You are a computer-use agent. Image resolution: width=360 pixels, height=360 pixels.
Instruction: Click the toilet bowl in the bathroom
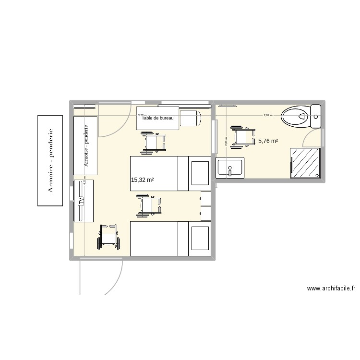pyautogui.click(x=295, y=116)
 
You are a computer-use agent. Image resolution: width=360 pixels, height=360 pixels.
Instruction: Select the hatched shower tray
pyautogui.click(x=305, y=163)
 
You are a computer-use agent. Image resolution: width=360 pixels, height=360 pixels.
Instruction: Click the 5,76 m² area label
pyautogui.click(x=268, y=141)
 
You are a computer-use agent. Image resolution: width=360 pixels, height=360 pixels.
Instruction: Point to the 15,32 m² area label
pyautogui.click(x=142, y=180)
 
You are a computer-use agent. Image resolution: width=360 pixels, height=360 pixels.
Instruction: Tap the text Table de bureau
pyautogui.click(x=157, y=118)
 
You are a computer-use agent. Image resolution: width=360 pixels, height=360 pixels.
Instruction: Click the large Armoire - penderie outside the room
pyautogui.click(x=50, y=160)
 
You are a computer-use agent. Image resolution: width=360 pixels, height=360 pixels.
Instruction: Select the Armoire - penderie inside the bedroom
pyautogui.click(x=86, y=145)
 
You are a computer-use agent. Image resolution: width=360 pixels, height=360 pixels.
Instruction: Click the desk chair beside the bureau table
pyautogui.click(x=191, y=118)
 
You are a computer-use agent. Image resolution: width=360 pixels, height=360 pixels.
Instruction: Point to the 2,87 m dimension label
pyautogui.click(x=268, y=115)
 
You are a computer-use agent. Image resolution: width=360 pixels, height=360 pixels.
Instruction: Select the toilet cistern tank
pyautogui.click(x=316, y=116)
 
